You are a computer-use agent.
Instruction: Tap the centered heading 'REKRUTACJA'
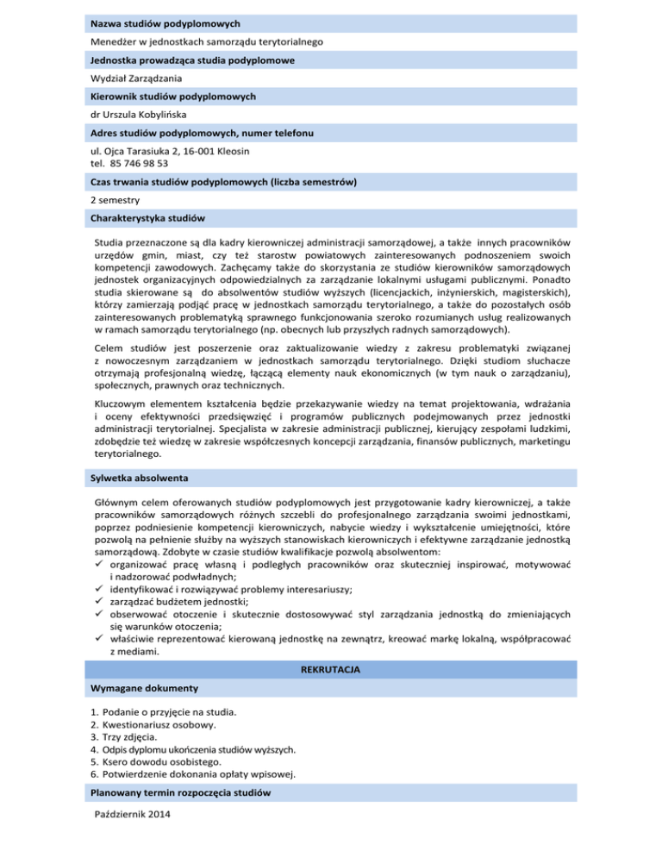click(x=330, y=668)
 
